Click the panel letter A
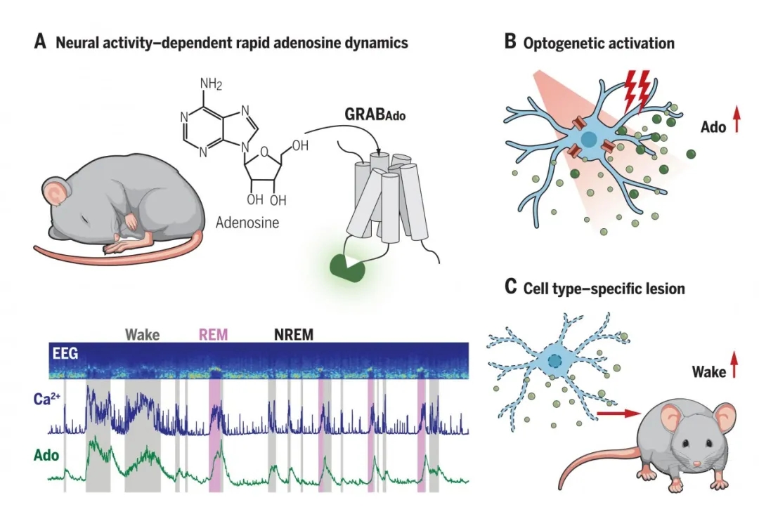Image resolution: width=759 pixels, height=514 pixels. pyautogui.click(x=40, y=42)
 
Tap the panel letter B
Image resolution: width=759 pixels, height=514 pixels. pyautogui.click(x=511, y=42)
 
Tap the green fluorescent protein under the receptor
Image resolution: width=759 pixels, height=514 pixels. pyautogui.click(x=349, y=265)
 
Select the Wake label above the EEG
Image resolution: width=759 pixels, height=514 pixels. pyautogui.click(x=142, y=334)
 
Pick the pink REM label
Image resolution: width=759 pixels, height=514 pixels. pyautogui.click(x=213, y=334)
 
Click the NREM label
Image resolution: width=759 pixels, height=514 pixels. pyautogui.click(x=293, y=334)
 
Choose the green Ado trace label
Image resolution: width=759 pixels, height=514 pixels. pyautogui.click(x=46, y=456)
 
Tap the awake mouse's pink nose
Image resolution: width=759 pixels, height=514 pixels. pyautogui.click(x=696, y=464)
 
